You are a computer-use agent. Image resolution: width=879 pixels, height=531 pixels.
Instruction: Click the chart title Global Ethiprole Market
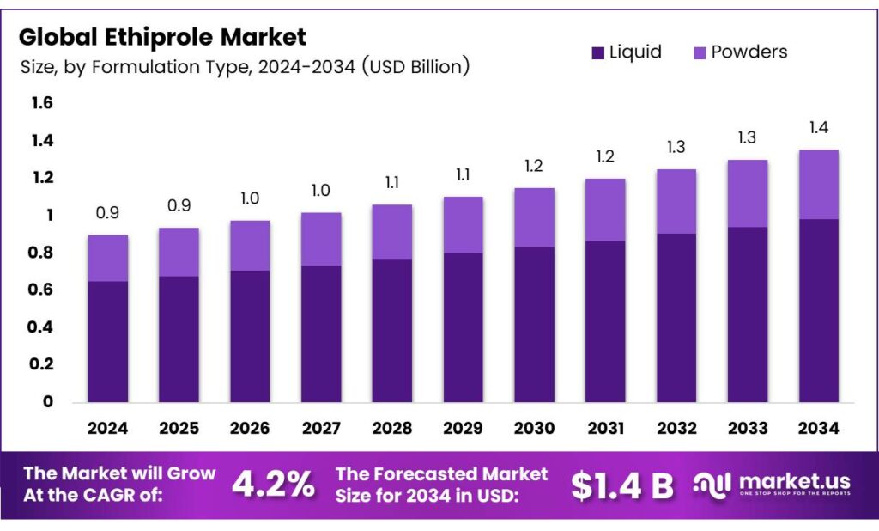(x=162, y=37)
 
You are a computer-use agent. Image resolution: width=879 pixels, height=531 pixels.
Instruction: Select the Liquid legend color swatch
(x=598, y=52)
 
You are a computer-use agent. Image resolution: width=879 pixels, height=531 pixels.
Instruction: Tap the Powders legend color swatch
(x=699, y=52)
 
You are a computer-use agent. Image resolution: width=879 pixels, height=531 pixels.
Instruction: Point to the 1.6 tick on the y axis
(x=42, y=103)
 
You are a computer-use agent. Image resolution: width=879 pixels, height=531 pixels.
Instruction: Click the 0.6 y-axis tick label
(x=42, y=290)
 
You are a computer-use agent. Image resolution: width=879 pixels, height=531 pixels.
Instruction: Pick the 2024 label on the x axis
(x=108, y=427)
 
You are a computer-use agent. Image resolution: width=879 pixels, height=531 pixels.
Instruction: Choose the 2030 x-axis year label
(x=534, y=427)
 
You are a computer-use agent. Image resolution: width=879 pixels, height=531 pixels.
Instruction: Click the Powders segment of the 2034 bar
(x=818, y=184)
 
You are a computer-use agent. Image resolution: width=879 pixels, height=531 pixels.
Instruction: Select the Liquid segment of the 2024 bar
(x=108, y=341)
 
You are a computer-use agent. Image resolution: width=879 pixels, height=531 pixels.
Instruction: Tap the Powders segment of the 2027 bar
(x=321, y=239)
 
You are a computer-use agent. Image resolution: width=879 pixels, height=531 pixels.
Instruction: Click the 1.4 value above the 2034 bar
(x=818, y=128)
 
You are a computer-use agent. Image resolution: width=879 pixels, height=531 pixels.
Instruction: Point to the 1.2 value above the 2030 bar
(x=534, y=166)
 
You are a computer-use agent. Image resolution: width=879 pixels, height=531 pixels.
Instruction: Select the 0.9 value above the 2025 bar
(x=179, y=206)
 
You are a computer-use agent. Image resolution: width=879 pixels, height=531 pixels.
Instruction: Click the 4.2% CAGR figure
(x=273, y=485)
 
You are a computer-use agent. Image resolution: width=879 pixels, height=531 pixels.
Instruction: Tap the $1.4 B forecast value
(x=622, y=485)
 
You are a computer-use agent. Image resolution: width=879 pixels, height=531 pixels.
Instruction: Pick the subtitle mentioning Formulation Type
(x=245, y=67)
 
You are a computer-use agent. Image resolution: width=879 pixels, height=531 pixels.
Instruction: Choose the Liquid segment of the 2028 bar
(x=392, y=330)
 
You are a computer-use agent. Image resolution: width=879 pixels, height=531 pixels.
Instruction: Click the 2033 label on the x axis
(x=747, y=427)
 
